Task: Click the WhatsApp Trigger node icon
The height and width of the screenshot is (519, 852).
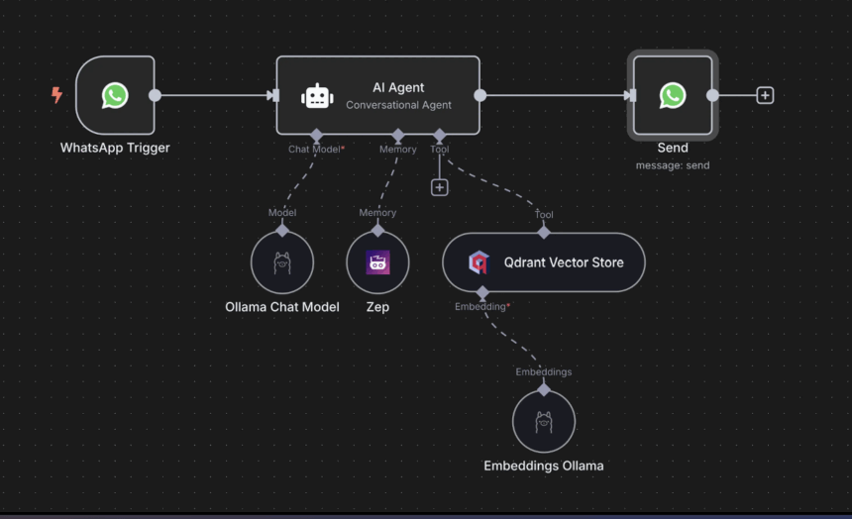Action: (115, 95)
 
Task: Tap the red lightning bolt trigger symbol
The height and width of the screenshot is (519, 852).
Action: (56, 95)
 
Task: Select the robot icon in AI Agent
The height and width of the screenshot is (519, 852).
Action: (317, 95)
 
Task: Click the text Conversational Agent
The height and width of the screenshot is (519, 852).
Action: (398, 105)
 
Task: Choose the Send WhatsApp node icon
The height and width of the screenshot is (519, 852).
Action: (673, 95)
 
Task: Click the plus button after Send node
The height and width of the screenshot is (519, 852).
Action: (765, 95)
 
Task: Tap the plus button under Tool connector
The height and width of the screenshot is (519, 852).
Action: (440, 187)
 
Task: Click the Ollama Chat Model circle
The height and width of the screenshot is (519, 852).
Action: (282, 262)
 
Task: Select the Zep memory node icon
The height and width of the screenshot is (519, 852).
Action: (377, 262)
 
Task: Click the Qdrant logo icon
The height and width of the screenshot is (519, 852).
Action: (479, 262)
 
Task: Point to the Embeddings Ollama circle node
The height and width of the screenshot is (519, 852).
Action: (544, 422)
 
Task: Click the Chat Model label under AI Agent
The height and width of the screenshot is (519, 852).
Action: (314, 150)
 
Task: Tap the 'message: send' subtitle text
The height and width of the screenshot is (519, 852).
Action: (673, 165)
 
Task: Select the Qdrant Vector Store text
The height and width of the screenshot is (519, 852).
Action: (564, 262)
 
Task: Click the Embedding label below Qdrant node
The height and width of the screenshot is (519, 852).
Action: (481, 307)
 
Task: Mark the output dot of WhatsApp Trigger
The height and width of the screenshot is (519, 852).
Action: (155, 95)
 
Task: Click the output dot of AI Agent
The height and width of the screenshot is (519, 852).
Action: (480, 95)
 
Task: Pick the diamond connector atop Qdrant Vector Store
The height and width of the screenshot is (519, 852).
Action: (544, 233)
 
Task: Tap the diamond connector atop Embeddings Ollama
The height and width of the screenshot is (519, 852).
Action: (544, 390)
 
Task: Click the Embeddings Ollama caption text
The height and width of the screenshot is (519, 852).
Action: (544, 466)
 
